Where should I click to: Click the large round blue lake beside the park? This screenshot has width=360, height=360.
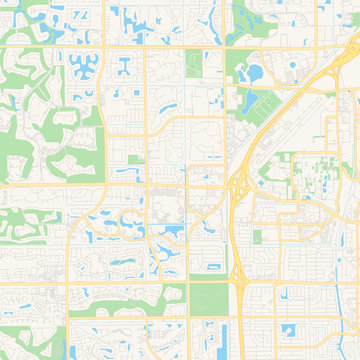(x=253, y=72)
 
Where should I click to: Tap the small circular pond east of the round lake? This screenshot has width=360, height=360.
(x=292, y=77)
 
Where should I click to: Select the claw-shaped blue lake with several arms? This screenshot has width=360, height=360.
(x=82, y=68)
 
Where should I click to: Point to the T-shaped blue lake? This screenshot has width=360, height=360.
(x=124, y=66)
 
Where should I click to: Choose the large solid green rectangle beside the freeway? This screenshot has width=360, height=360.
(x=208, y=296)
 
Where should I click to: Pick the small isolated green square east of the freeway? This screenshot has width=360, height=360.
(x=257, y=237)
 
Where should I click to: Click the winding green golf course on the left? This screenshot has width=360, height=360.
(x=40, y=140)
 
